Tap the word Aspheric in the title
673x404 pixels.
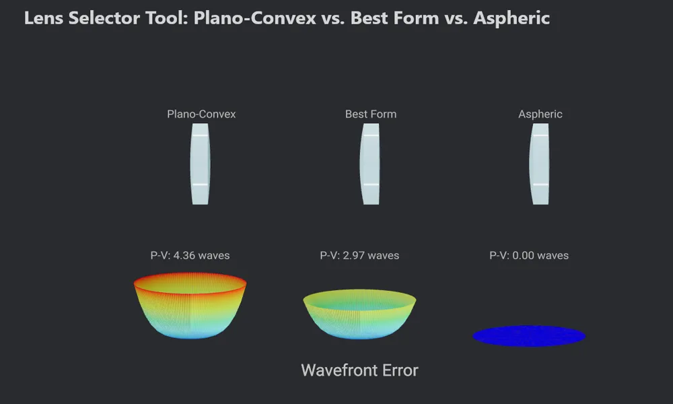511,19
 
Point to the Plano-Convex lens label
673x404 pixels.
201,114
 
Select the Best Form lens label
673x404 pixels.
371,114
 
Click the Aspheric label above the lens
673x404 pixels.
540,114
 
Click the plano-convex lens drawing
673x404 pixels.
200,164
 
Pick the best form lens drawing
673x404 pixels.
369,164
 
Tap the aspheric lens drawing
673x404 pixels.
539,164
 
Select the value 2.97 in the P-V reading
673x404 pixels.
355,255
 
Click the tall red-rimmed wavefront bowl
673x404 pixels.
190,306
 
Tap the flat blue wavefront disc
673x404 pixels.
529,336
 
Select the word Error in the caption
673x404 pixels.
399,370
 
